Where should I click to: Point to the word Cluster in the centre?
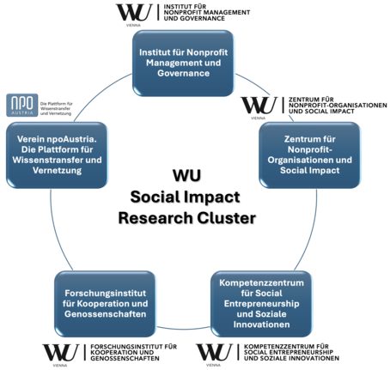pos(227,217)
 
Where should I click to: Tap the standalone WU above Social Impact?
pos(186,175)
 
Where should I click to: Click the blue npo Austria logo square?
pos(21,105)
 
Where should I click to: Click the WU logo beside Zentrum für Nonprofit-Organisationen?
pos(259,106)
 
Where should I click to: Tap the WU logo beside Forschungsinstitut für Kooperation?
pos(58,353)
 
